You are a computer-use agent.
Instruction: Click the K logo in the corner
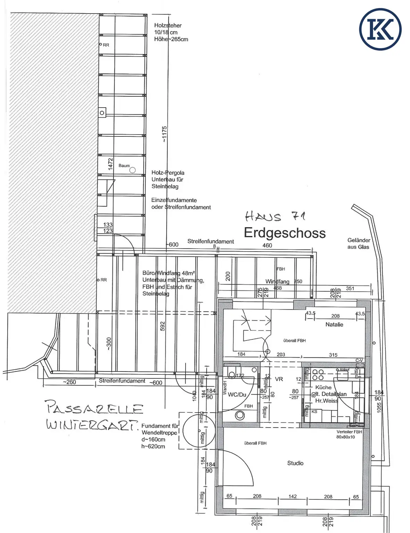point(380,29)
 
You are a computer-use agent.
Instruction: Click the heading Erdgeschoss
point(285,233)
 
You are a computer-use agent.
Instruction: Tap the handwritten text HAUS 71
point(275,217)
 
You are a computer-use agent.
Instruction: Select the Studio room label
point(295,463)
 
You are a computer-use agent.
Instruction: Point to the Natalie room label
point(334,324)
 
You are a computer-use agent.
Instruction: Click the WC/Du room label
point(237,395)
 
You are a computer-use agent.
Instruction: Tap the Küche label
point(323,387)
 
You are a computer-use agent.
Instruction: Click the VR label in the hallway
point(279,379)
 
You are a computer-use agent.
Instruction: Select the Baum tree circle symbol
point(132,170)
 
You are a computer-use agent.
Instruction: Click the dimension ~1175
point(164,134)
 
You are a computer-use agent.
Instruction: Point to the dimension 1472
point(110,164)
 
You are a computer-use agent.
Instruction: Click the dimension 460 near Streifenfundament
point(267,245)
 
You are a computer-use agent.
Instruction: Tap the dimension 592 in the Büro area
point(162,326)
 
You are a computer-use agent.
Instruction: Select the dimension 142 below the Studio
point(292,496)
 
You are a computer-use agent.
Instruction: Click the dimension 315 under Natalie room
point(333,355)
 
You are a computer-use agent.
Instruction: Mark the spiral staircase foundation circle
point(199,431)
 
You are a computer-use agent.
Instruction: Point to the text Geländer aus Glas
point(358,243)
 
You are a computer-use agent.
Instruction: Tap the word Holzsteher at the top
point(168,25)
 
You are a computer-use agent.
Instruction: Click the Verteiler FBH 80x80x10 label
point(349,434)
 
